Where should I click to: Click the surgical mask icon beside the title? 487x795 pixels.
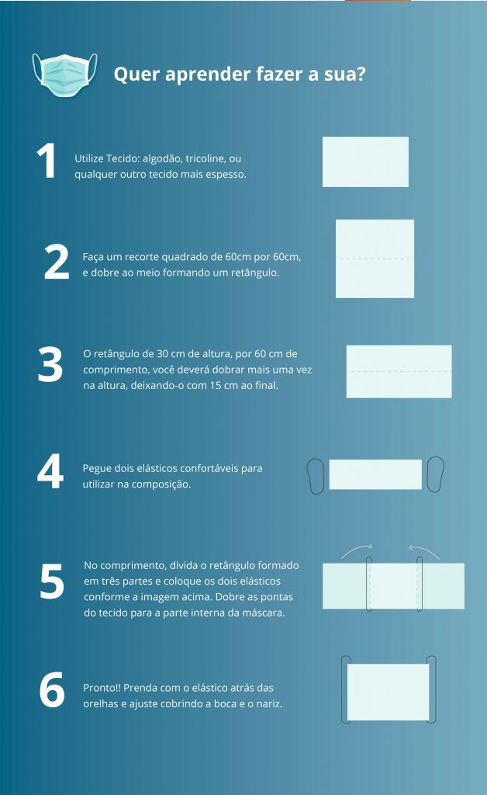pos(65,75)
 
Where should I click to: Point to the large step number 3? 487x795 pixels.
pos(50,364)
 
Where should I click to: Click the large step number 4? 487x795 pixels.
pos(50,471)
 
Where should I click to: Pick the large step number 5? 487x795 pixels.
pos(52,581)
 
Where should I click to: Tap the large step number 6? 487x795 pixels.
pos(52,689)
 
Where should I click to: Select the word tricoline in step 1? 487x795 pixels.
pos(205,158)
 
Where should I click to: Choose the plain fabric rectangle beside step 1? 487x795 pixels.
pos(365,161)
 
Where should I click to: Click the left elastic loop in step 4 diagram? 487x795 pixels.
pos(316,476)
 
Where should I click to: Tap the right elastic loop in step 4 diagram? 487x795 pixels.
pos(435,474)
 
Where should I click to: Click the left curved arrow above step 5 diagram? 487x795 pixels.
pos(356,549)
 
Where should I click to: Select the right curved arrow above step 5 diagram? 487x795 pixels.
pos(424,549)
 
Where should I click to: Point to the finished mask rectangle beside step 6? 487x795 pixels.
pos(389,692)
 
